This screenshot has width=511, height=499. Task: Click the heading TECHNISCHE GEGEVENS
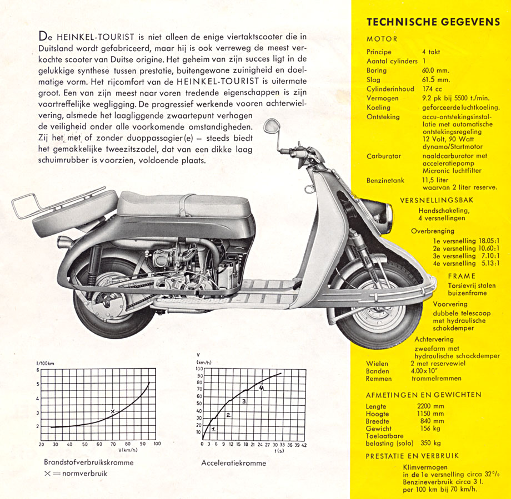tap(433, 23)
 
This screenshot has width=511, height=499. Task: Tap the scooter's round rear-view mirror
tap(270, 125)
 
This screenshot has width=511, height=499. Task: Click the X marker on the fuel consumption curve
tap(113, 411)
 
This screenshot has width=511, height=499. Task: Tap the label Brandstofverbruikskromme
tap(89, 462)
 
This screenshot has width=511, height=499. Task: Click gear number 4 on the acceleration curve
tap(261, 388)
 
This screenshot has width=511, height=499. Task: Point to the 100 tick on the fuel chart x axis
tap(157, 444)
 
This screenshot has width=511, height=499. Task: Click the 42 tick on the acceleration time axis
tap(303, 444)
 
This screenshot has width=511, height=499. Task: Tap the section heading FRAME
tap(462, 276)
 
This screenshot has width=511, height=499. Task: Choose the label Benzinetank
tap(384, 180)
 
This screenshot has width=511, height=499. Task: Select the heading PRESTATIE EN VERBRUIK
tap(412, 456)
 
